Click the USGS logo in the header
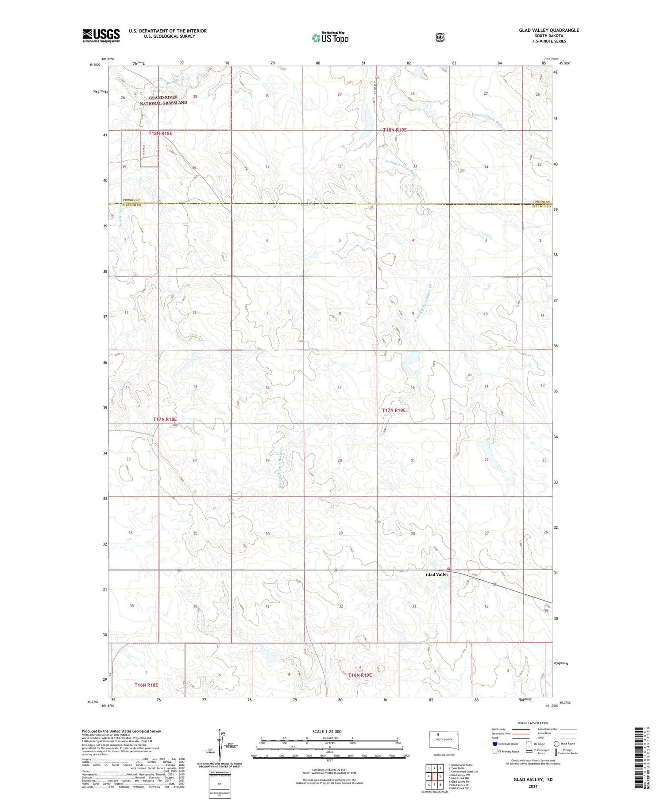pos(101,35)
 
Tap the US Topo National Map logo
pos(330,37)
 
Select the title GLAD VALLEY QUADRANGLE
pos(549,30)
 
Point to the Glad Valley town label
pos(436,574)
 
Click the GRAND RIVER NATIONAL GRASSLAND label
pos(163,100)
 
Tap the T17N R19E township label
pos(394,411)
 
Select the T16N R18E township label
pos(146,685)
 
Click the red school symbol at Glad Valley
pos(448,569)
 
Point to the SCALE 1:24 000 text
pos(327,731)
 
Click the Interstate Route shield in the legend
pos(494,744)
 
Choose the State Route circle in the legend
pos(556,744)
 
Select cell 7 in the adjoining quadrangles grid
pos(435,785)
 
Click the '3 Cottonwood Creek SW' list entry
pos(463,771)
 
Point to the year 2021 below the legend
pos(533,787)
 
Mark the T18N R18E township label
pos(160,133)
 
